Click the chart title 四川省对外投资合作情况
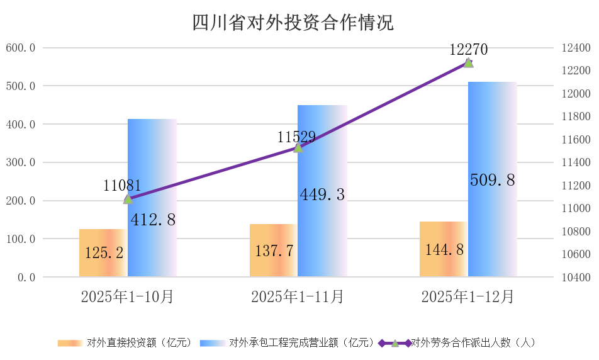[293, 23]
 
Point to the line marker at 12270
[468, 62]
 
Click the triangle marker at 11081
[128, 199]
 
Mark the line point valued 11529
[298, 147]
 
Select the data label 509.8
[493, 181]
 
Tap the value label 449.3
[322, 195]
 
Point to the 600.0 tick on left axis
[20, 48]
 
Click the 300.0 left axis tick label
[20, 162]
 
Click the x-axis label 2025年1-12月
[467, 296]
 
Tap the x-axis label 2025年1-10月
[127, 296]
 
